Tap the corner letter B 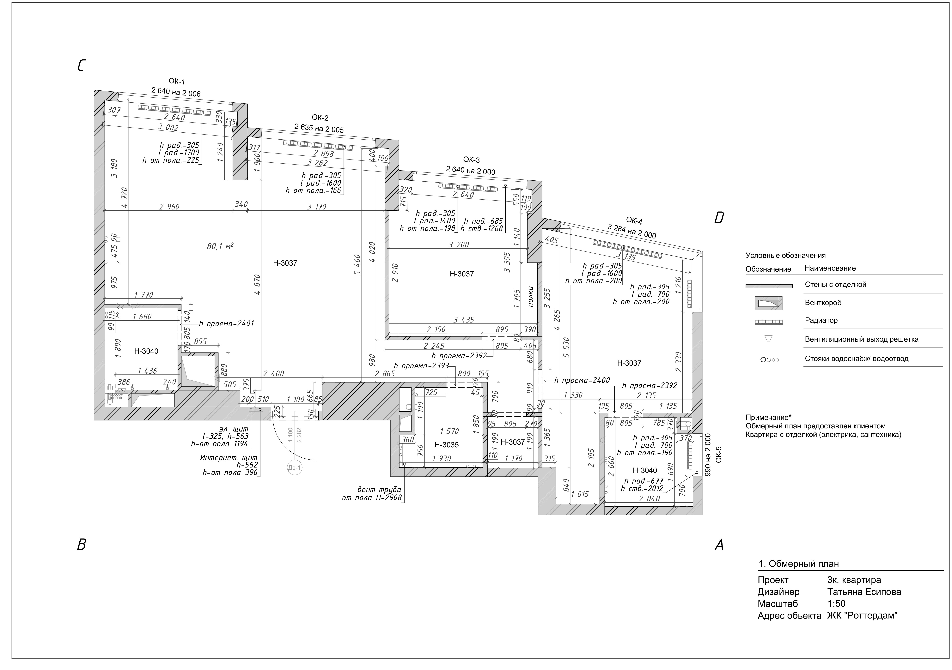(x=82, y=544)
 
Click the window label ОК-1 (x=177, y=81)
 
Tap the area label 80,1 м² (x=220, y=246)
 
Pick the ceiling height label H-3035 (x=447, y=445)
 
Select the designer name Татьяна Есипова (x=864, y=592)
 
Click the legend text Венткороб (x=823, y=303)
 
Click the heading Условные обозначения (x=785, y=255)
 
